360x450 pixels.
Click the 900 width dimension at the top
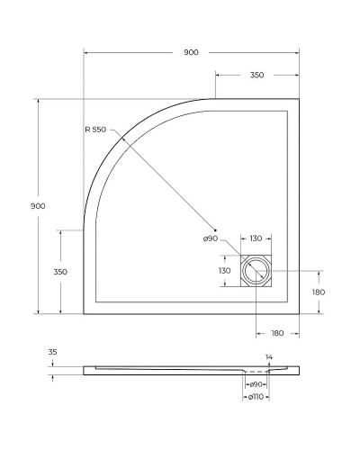(191, 53)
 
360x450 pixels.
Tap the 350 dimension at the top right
(256, 76)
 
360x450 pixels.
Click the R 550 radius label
(95, 130)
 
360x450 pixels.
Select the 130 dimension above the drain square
(256, 238)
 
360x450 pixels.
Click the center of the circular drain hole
(256, 271)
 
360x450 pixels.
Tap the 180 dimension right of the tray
(319, 292)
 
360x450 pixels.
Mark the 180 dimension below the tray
(278, 334)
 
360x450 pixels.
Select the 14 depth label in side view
(268, 357)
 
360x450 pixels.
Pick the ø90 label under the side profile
(256, 385)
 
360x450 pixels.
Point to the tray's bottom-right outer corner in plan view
(300, 314)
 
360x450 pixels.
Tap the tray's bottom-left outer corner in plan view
(84, 314)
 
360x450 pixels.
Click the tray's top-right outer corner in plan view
(300, 98)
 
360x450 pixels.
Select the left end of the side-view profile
(84, 370)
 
